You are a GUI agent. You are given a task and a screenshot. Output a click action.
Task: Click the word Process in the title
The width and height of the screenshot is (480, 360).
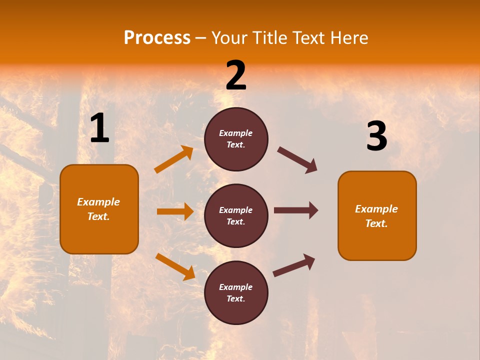157,38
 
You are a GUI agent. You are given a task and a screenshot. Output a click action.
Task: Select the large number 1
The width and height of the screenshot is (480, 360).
99,128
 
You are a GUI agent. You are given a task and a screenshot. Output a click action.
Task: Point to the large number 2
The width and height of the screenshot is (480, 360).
236,75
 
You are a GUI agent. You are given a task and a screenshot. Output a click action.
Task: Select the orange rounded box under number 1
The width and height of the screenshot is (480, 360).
99,209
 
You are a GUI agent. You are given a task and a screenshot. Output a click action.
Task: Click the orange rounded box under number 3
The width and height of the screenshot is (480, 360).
377,215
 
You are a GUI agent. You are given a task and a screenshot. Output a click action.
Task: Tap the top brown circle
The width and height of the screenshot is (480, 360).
236,139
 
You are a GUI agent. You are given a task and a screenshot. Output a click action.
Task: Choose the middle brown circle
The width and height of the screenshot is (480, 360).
236,215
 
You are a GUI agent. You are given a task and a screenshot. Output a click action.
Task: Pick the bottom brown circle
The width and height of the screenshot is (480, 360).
236,292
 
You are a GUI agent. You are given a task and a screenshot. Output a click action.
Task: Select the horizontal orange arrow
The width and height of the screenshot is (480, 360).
175,211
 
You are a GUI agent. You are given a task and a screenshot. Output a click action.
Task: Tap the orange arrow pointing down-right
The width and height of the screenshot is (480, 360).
175,266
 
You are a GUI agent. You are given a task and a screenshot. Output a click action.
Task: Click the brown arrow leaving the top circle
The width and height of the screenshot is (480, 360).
297,160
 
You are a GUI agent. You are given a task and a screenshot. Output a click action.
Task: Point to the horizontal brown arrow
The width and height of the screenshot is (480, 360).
296,210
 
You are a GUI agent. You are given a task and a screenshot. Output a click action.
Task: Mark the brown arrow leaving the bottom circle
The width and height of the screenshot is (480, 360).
294,265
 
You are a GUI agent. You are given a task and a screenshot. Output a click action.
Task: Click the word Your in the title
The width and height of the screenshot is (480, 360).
227,38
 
